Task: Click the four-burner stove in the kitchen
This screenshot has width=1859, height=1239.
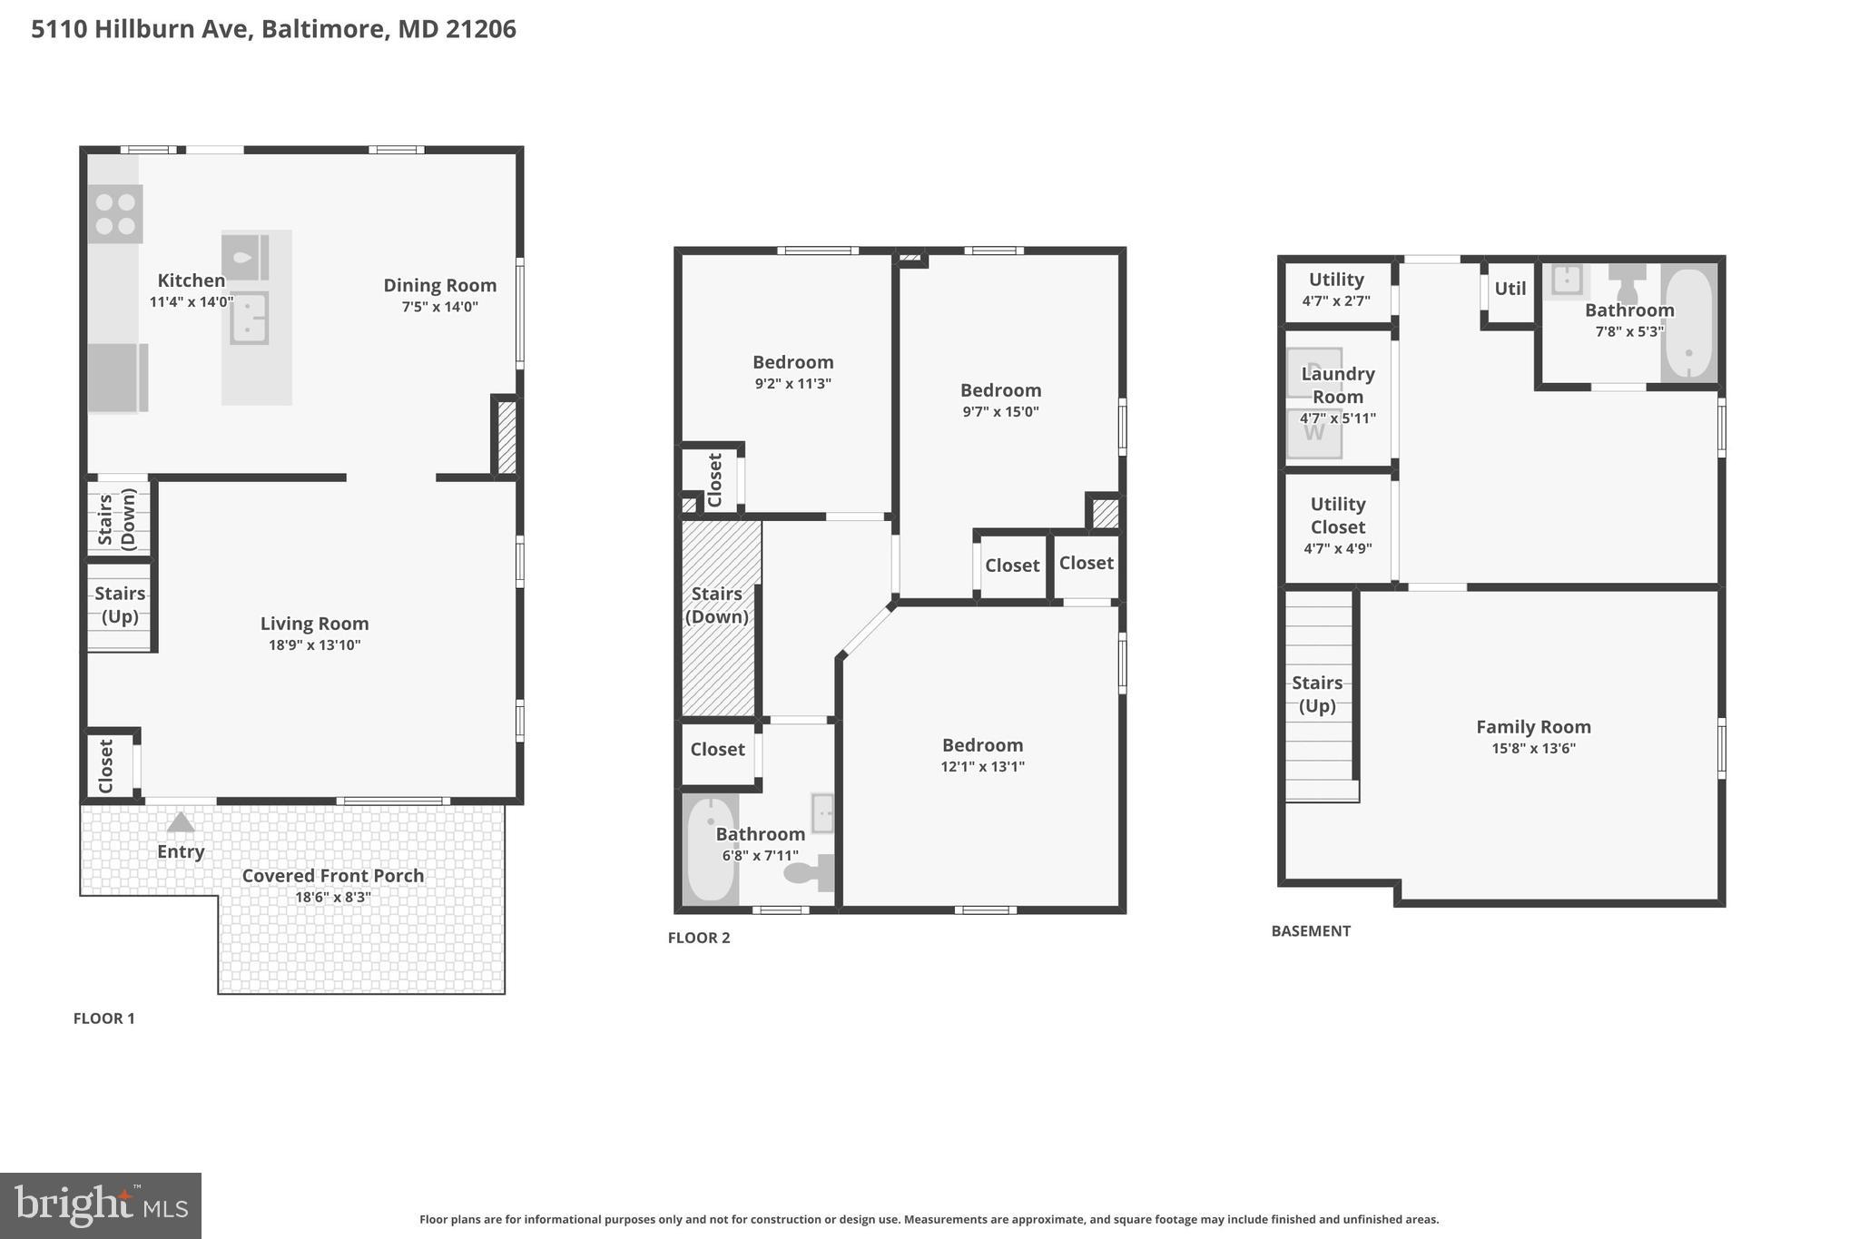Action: pos(115,214)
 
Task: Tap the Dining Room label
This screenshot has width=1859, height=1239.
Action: pos(439,285)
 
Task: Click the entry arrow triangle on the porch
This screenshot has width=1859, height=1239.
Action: pos(181,822)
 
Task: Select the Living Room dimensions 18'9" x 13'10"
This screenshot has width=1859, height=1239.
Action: pos(314,645)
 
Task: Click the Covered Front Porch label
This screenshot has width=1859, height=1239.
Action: pos(332,876)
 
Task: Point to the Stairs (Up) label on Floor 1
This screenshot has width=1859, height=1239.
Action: pos(120,605)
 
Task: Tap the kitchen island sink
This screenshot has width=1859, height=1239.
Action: pos(248,318)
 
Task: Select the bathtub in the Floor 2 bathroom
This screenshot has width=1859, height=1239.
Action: pos(710,850)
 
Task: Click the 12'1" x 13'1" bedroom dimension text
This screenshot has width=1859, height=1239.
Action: pos(982,767)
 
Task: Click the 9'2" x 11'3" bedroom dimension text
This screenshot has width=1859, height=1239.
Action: pos(792,384)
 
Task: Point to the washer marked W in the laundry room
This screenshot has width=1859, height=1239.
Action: pos(1313,433)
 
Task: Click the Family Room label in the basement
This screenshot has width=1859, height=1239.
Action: pos(1532,727)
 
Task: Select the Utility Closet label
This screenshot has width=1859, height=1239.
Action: pos(1337,516)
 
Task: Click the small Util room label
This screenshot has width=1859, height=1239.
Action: pos(1510,289)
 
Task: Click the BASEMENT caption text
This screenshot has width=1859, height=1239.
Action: pos(1310,931)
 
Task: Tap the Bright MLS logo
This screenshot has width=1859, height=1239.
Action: pos(101,1205)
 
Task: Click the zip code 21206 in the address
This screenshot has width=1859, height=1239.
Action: pos(480,29)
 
